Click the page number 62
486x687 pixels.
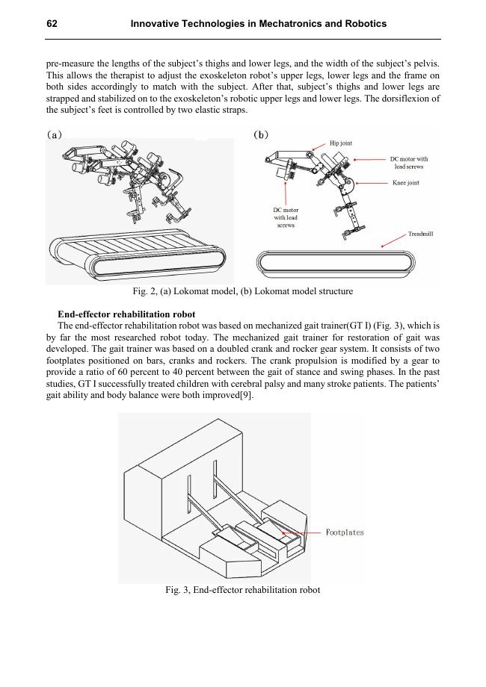click(x=52, y=25)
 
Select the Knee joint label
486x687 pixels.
click(x=405, y=183)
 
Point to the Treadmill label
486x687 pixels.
click(x=420, y=234)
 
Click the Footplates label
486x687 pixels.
click(x=345, y=532)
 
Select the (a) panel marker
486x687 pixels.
click(x=55, y=135)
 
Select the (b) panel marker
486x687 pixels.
click(x=261, y=135)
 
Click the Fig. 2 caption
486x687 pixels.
click(x=242, y=290)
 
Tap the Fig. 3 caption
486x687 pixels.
click(x=242, y=590)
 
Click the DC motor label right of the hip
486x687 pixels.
click(x=409, y=162)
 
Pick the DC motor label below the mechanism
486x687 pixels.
click(x=286, y=217)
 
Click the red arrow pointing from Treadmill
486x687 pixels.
click(x=394, y=240)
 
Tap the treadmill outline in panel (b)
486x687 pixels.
click(x=333, y=263)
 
